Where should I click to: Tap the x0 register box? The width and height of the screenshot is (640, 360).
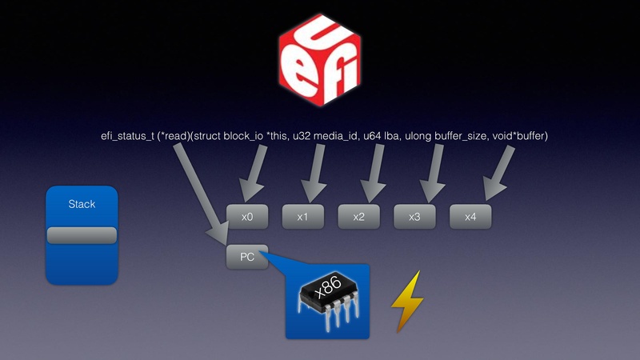(247, 217)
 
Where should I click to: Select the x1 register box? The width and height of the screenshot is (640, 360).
(302, 217)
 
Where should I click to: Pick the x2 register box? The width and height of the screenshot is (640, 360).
(358, 217)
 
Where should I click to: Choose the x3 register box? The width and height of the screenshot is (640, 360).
(414, 217)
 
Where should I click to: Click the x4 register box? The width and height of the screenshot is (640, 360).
(470, 217)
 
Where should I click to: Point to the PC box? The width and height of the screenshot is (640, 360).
(247, 257)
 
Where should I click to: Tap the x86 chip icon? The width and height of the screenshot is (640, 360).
(327, 301)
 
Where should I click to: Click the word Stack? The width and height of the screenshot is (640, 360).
(82, 204)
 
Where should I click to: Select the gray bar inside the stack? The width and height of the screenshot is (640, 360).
(82, 235)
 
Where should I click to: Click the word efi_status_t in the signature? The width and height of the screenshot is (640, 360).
(124, 137)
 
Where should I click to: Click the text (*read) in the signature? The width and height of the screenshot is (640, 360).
(177, 137)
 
